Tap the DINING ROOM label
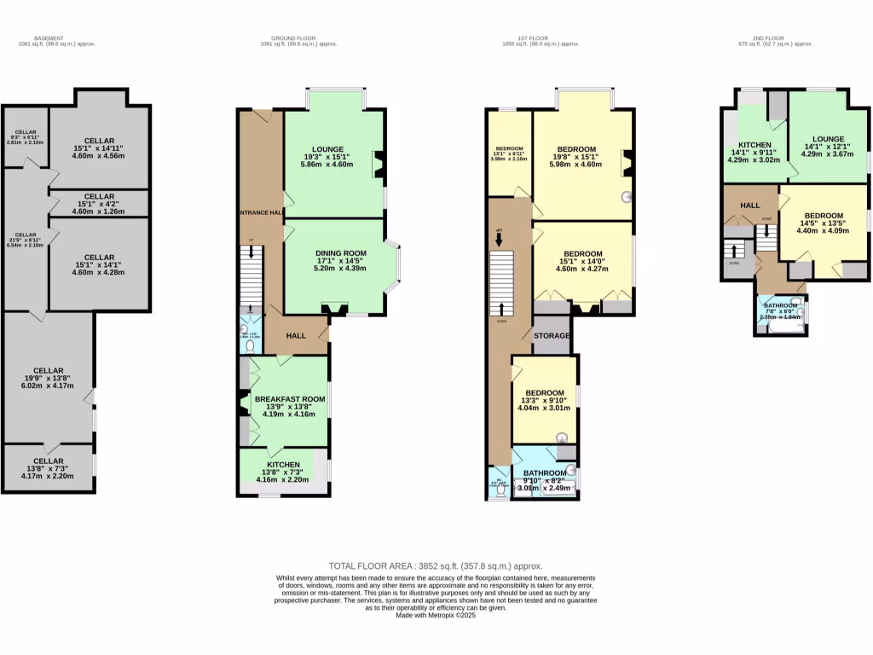pyautogui.click(x=340, y=253)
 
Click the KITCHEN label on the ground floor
pyautogui.click(x=282, y=465)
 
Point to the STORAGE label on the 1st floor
pyautogui.click(x=552, y=336)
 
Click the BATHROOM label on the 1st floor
pyautogui.click(x=545, y=472)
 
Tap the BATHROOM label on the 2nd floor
pyautogui.click(x=780, y=305)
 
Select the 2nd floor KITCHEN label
pyautogui.click(x=754, y=145)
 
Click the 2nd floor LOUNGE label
pyautogui.click(x=827, y=139)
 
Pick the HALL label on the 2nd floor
pyautogui.click(x=750, y=206)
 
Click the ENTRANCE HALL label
pyautogui.click(x=260, y=212)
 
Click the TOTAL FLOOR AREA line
pyautogui.click(x=436, y=565)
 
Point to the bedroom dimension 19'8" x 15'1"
pyautogui.click(x=576, y=157)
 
